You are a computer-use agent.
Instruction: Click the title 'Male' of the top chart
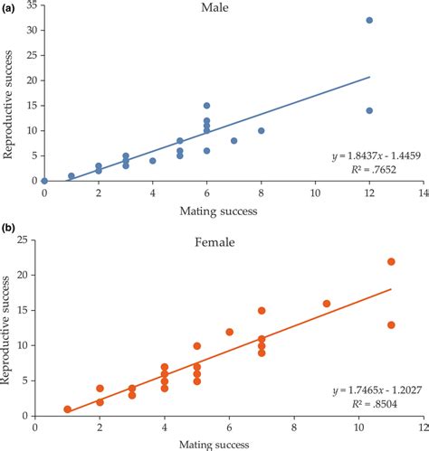(214, 9)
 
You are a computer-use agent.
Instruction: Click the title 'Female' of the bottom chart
(214, 243)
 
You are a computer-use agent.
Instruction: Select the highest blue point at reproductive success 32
(369, 20)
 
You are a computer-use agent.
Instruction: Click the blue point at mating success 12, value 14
(369, 110)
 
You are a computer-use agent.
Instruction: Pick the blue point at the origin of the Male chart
(43, 181)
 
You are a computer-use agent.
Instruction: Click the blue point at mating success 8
(261, 130)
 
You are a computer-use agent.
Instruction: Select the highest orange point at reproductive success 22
(391, 261)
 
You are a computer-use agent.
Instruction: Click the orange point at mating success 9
(326, 304)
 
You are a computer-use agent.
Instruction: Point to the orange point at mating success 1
(67, 409)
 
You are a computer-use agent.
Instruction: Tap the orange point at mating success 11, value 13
(391, 324)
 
